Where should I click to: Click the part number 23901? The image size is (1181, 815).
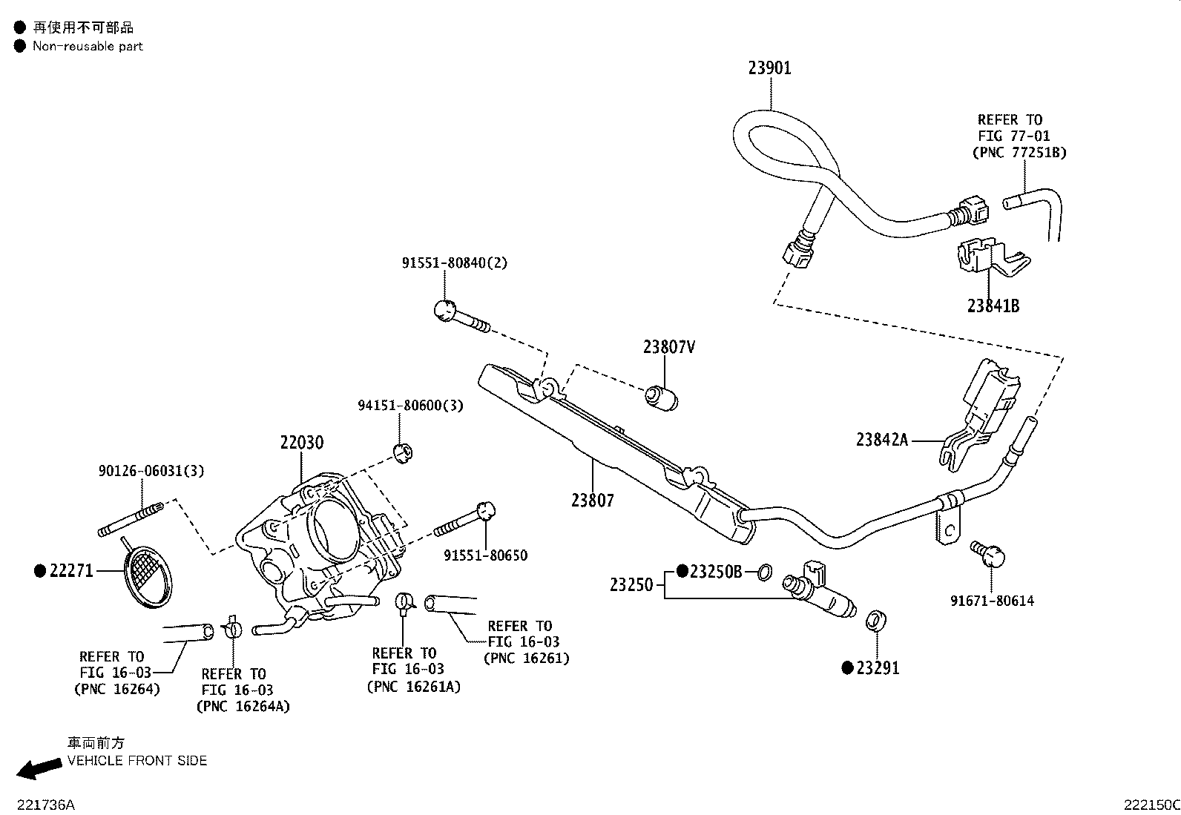770,68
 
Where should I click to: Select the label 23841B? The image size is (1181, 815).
993,306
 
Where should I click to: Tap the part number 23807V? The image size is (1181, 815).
669,347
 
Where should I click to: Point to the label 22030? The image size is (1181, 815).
302,442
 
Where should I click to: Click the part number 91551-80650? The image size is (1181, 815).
486,555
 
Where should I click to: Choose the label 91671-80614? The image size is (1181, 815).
993,601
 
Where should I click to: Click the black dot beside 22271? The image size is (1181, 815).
40,570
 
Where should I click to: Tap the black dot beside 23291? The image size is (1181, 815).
847,668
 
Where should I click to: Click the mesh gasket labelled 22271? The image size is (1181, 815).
148,575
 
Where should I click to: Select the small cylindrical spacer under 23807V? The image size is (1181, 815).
662,398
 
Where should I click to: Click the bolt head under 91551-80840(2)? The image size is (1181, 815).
444,310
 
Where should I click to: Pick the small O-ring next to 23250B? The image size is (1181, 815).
765,572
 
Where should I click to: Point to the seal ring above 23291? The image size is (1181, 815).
875,621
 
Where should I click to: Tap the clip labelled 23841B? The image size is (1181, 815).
992,258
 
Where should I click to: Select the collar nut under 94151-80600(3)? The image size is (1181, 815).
404,453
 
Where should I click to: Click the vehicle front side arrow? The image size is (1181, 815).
39,768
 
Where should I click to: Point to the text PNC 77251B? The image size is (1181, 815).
1020,153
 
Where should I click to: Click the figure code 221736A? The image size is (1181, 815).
46,805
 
